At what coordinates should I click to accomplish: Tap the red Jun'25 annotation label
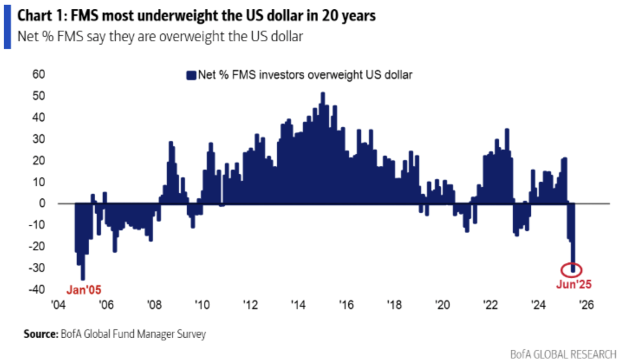point(573,284)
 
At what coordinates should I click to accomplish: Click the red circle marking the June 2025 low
point(572,269)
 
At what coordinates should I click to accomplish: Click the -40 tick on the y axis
point(40,290)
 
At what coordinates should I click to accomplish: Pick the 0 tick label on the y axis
point(44,204)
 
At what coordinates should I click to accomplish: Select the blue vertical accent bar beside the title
point(7,25)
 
